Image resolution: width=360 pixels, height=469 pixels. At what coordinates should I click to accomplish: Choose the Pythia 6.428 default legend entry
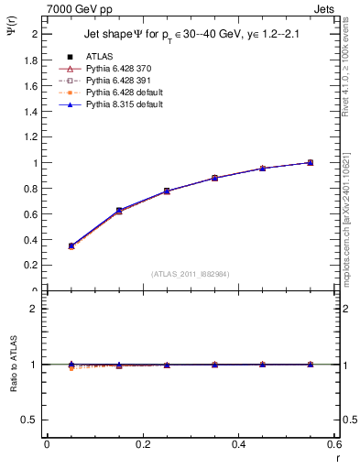(x=122, y=93)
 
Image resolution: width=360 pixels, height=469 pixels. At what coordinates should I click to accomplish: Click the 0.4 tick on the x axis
(x=238, y=444)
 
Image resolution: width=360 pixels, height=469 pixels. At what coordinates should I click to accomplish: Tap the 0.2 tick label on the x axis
(x=142, y=444)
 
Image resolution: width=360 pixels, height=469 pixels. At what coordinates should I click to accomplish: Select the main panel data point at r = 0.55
(x=310, y=162)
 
